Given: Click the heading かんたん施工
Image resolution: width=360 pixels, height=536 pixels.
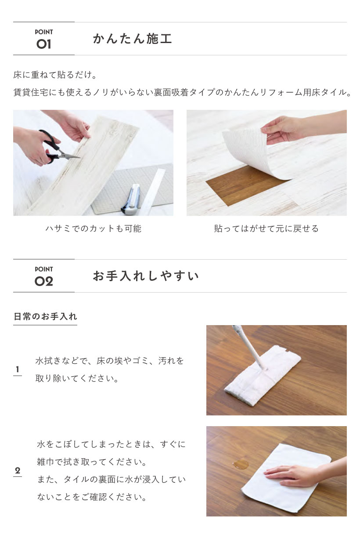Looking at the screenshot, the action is (x=133, y=39).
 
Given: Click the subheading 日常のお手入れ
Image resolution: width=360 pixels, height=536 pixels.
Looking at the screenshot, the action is (x=45, y=317).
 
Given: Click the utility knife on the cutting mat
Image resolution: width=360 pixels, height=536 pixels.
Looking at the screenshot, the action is (x=130, y=199).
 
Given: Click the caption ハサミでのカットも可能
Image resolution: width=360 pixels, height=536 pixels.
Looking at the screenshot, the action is (x=94, y=228).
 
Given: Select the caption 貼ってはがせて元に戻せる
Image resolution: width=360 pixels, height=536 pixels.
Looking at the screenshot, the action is (x=266, y=228).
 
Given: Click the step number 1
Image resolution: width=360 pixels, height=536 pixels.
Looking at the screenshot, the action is (x=18, y=369).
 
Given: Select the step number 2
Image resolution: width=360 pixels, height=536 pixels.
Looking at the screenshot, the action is (x=18, y=471).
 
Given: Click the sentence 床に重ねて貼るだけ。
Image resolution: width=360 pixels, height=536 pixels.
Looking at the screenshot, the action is (x=55, y=75).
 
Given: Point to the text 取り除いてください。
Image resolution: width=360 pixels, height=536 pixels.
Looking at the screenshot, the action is (x=77, y=379).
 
